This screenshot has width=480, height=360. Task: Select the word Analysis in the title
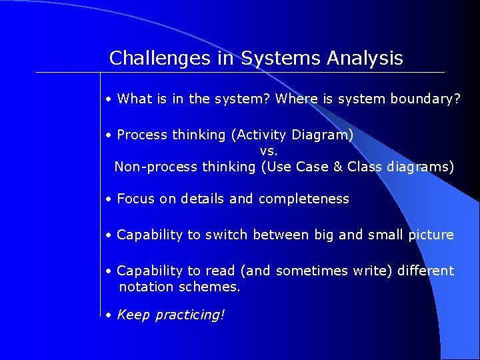tap(365, 59)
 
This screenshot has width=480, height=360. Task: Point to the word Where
tap(295, 99)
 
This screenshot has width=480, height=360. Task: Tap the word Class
tap(365, 167)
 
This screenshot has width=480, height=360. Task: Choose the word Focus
tap(135, 199)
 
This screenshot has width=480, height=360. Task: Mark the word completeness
tap(303, 199)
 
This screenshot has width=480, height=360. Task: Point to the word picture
tap(431, 235)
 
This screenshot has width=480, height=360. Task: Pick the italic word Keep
tap(133, 315)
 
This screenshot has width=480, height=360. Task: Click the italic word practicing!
tap(190, 315)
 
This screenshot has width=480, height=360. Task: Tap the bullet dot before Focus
tap(108, 199)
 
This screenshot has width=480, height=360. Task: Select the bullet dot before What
tap(108, 100)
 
